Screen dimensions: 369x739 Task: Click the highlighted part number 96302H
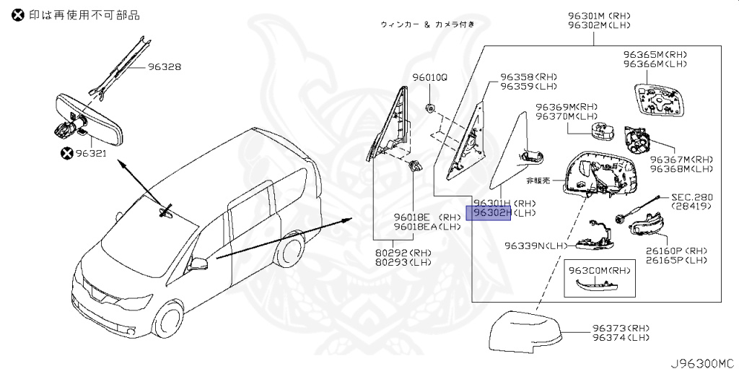[490, 213]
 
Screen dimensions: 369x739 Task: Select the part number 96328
[165, 67]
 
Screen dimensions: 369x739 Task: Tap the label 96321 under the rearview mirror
[90, 153]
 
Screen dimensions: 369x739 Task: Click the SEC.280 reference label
[692, 196]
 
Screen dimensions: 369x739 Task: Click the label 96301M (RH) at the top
[598, 15]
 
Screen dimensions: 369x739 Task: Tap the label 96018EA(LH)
[427, 226]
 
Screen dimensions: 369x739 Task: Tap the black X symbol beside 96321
[67, 153]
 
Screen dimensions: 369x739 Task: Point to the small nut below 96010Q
[429, 108]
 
